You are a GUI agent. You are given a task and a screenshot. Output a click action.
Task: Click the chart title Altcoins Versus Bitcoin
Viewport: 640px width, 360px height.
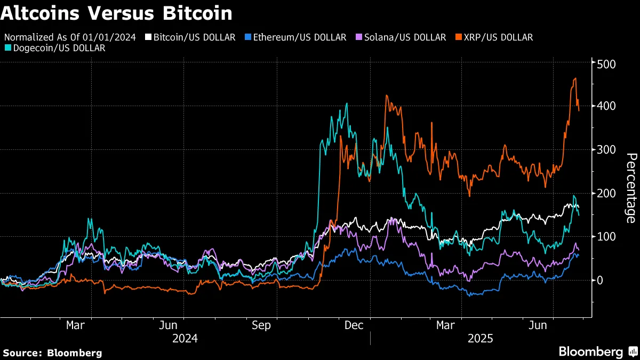(116, 13)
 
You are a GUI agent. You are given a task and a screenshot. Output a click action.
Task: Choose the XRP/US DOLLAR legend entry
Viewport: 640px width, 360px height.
(494, 37)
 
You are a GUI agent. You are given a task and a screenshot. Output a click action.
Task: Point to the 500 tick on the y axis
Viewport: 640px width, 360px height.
(606, 64)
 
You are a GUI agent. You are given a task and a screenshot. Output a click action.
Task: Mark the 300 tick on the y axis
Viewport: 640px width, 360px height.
(606, 150)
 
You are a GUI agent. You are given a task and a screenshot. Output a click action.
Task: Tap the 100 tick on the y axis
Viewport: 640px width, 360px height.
(606, 237)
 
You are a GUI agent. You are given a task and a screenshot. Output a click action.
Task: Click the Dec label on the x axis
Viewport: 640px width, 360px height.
(355, 325)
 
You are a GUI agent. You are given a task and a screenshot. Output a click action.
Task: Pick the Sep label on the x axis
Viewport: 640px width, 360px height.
(261, 325)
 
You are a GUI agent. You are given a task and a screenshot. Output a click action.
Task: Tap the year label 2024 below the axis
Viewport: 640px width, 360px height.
(185, 339)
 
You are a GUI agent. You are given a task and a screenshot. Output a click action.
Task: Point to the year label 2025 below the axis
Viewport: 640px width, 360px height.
(481, 339)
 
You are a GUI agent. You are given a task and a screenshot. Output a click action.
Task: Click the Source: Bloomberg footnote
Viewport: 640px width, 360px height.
(52, 353)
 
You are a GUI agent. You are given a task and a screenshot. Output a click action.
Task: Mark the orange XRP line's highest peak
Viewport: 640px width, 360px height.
(575, 79)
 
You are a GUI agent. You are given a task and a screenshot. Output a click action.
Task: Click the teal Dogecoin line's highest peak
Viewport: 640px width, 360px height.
(347, 104)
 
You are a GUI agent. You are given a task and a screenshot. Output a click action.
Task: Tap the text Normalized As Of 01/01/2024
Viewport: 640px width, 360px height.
(70, 37)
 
